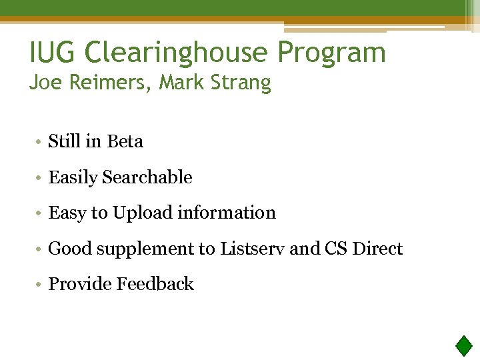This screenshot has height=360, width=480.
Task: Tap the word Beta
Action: tap(125, 141)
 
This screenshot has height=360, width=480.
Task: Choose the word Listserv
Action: tap(252, 249)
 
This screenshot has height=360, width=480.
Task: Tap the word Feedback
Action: tap(155, 284)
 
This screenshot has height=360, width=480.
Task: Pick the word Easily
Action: tap(73, 178)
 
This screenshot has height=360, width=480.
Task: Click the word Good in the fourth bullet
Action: tap(71, 249)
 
